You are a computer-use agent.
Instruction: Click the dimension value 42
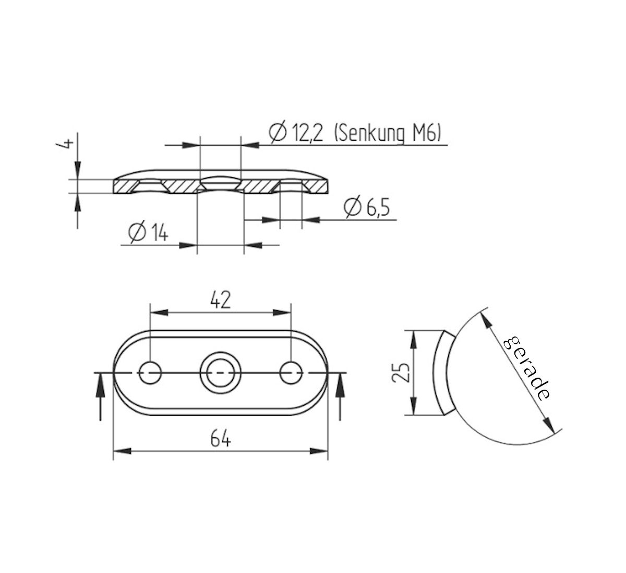(x=220, y=301)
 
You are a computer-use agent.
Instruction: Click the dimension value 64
(x=221, y=440)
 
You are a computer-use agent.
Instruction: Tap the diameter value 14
(x=156, y=233)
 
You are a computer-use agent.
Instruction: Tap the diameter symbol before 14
(x=136, y=233)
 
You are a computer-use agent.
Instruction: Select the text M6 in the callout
(x=425, y=134)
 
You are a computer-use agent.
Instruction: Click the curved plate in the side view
(x=440, y=372)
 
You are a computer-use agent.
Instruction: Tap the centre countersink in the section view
(x=220, y=184)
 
